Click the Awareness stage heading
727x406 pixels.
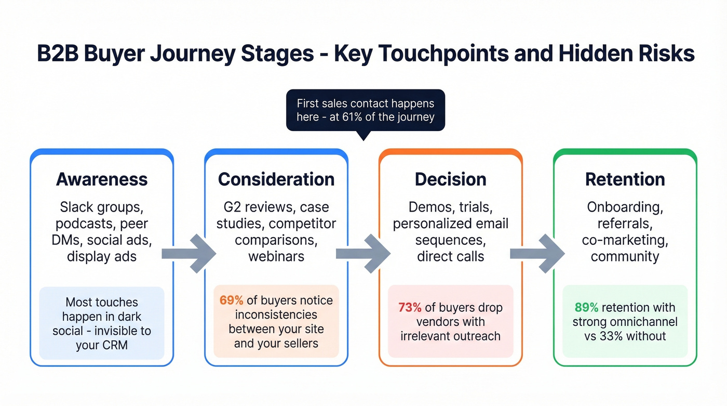(102, 179)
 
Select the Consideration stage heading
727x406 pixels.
(276, 179)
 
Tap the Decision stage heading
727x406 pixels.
(450, 179)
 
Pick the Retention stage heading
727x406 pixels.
(625, 179)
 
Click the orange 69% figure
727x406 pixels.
(231, 300)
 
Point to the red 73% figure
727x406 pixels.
(409, 307)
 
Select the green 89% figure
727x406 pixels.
(585, 307)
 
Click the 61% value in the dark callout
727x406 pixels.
(349, 117)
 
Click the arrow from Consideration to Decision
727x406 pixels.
(363, 253)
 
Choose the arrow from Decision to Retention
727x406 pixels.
(537, 253)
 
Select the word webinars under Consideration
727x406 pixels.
(276, 256)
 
